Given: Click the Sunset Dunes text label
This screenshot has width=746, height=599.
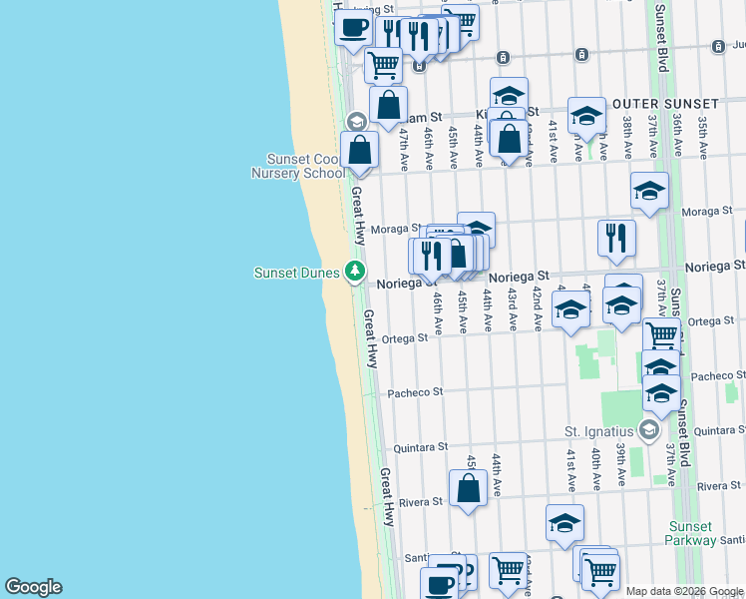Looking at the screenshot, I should click(296, 272).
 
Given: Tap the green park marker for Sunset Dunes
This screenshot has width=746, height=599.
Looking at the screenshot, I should click(354, 271).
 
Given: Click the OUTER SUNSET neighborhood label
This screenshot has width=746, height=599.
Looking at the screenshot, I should click(665, 104).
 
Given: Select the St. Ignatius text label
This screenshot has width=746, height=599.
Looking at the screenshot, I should click(599, 431).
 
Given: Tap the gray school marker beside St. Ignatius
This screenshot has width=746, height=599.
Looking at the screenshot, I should click(649, 430).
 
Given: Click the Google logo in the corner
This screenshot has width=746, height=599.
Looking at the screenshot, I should click(33, 587).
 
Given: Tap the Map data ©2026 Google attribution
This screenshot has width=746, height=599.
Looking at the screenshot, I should click(684, 591).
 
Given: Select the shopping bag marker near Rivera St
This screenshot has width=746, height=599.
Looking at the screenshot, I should click(468, 488).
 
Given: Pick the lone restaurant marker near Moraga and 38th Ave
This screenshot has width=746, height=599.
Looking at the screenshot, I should click(616, 237).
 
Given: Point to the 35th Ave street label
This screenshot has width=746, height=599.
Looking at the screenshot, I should click(703, 137).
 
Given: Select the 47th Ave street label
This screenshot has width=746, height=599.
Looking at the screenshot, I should click(404, 146).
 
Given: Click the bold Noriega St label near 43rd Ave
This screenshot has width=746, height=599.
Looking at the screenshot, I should click(520, 275).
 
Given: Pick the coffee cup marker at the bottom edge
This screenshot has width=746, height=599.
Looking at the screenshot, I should click(439, 584).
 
